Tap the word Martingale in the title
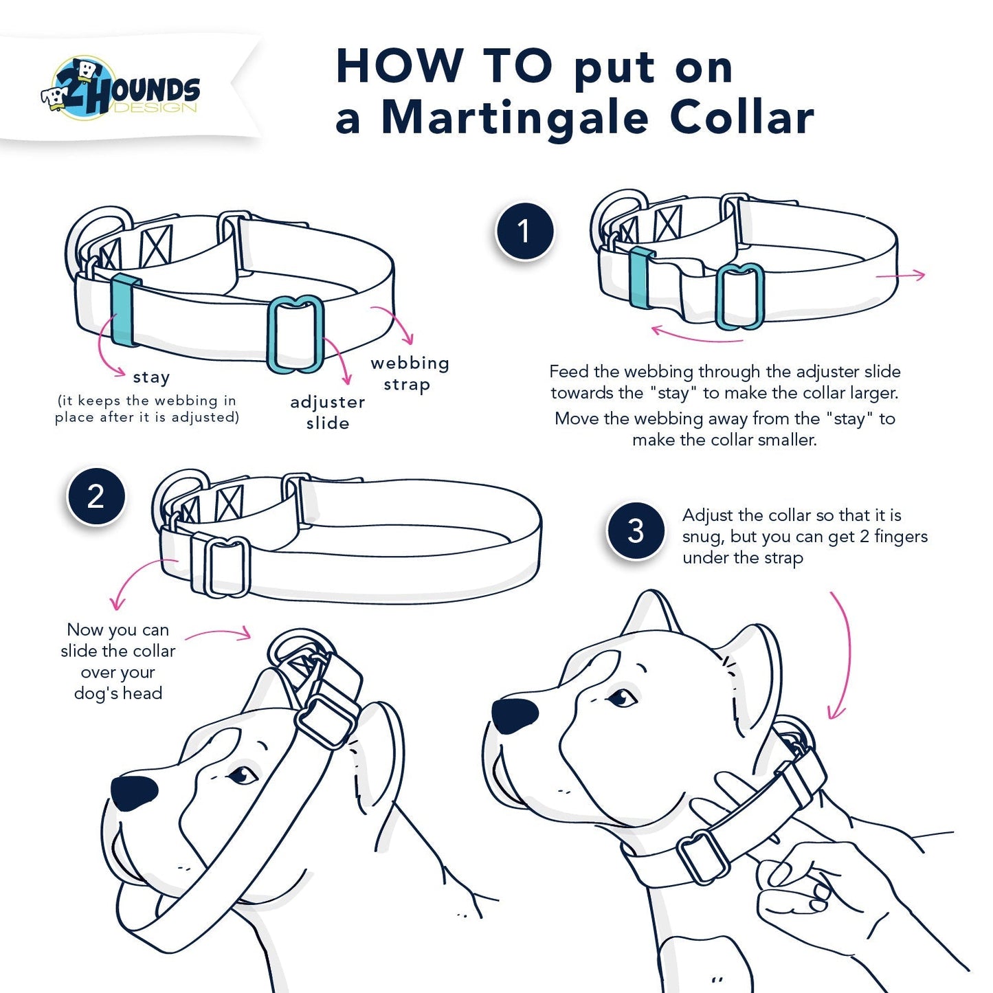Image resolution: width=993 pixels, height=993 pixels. tap(515, 118)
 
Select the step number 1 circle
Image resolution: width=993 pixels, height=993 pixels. tap(524, 232)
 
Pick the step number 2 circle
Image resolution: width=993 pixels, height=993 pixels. tap(96, 496)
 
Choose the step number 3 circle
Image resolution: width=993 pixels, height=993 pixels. tap(636, 531)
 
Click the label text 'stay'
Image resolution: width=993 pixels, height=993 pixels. tap(151, 377)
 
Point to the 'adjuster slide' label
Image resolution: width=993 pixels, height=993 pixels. tap(328, 412)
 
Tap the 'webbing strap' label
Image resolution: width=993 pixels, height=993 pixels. tap(410, 373)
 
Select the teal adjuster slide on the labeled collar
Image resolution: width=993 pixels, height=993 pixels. tap(295, 335)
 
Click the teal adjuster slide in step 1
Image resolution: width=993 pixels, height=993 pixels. tap(740, 296)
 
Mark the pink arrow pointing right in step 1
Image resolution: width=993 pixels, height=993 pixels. tap(901, 276)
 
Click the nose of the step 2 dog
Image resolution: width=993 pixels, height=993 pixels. tap(134, 792)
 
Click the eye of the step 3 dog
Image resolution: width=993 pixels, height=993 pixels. tap(623, 698)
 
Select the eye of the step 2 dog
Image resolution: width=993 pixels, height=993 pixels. tap(241, 775)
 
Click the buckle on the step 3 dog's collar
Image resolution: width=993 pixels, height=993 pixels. tap(702, 856)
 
